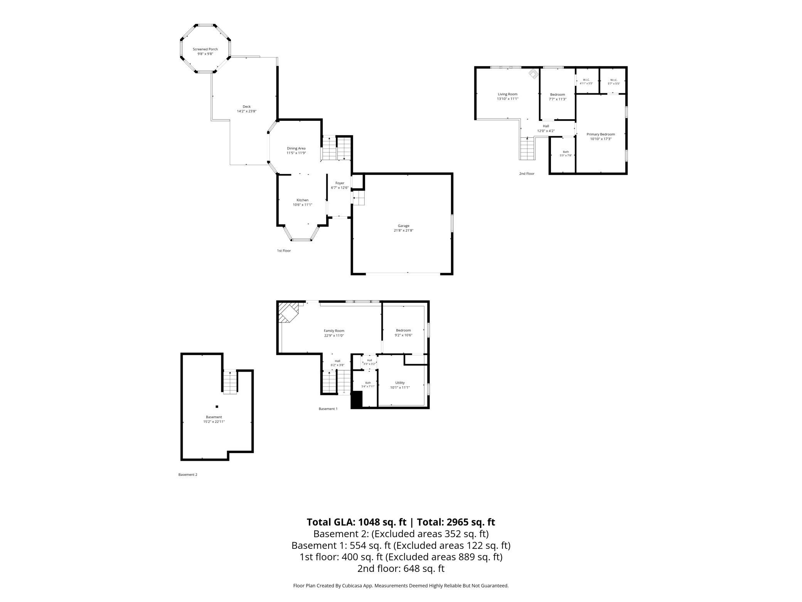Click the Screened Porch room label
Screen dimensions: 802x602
click(205, 49)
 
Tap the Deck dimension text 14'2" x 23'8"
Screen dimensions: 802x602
click(247, 112)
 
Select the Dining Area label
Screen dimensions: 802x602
click(296, 149)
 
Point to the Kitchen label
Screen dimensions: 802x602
click(302, 200)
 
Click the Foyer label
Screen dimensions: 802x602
click(340, 183)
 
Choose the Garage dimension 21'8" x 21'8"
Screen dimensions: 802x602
click(404, 231)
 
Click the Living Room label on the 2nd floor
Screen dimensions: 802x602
click(507, 94)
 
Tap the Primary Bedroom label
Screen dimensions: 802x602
click(601, 134)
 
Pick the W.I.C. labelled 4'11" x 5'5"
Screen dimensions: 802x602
click(586, 82)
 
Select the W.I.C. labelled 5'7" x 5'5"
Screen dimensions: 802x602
click(614, 82)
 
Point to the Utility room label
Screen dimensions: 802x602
click(400, 383)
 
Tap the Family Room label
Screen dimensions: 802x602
click(334, 331)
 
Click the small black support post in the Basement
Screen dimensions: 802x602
click(217, 406)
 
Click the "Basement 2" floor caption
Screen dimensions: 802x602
click(188, 475)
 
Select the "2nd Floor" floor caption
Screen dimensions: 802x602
click(527, 174)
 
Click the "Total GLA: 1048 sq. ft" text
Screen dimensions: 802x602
click(356, 522)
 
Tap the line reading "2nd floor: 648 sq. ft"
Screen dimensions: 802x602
click(401, 568)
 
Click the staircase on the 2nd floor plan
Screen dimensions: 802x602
click(527, 149)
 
